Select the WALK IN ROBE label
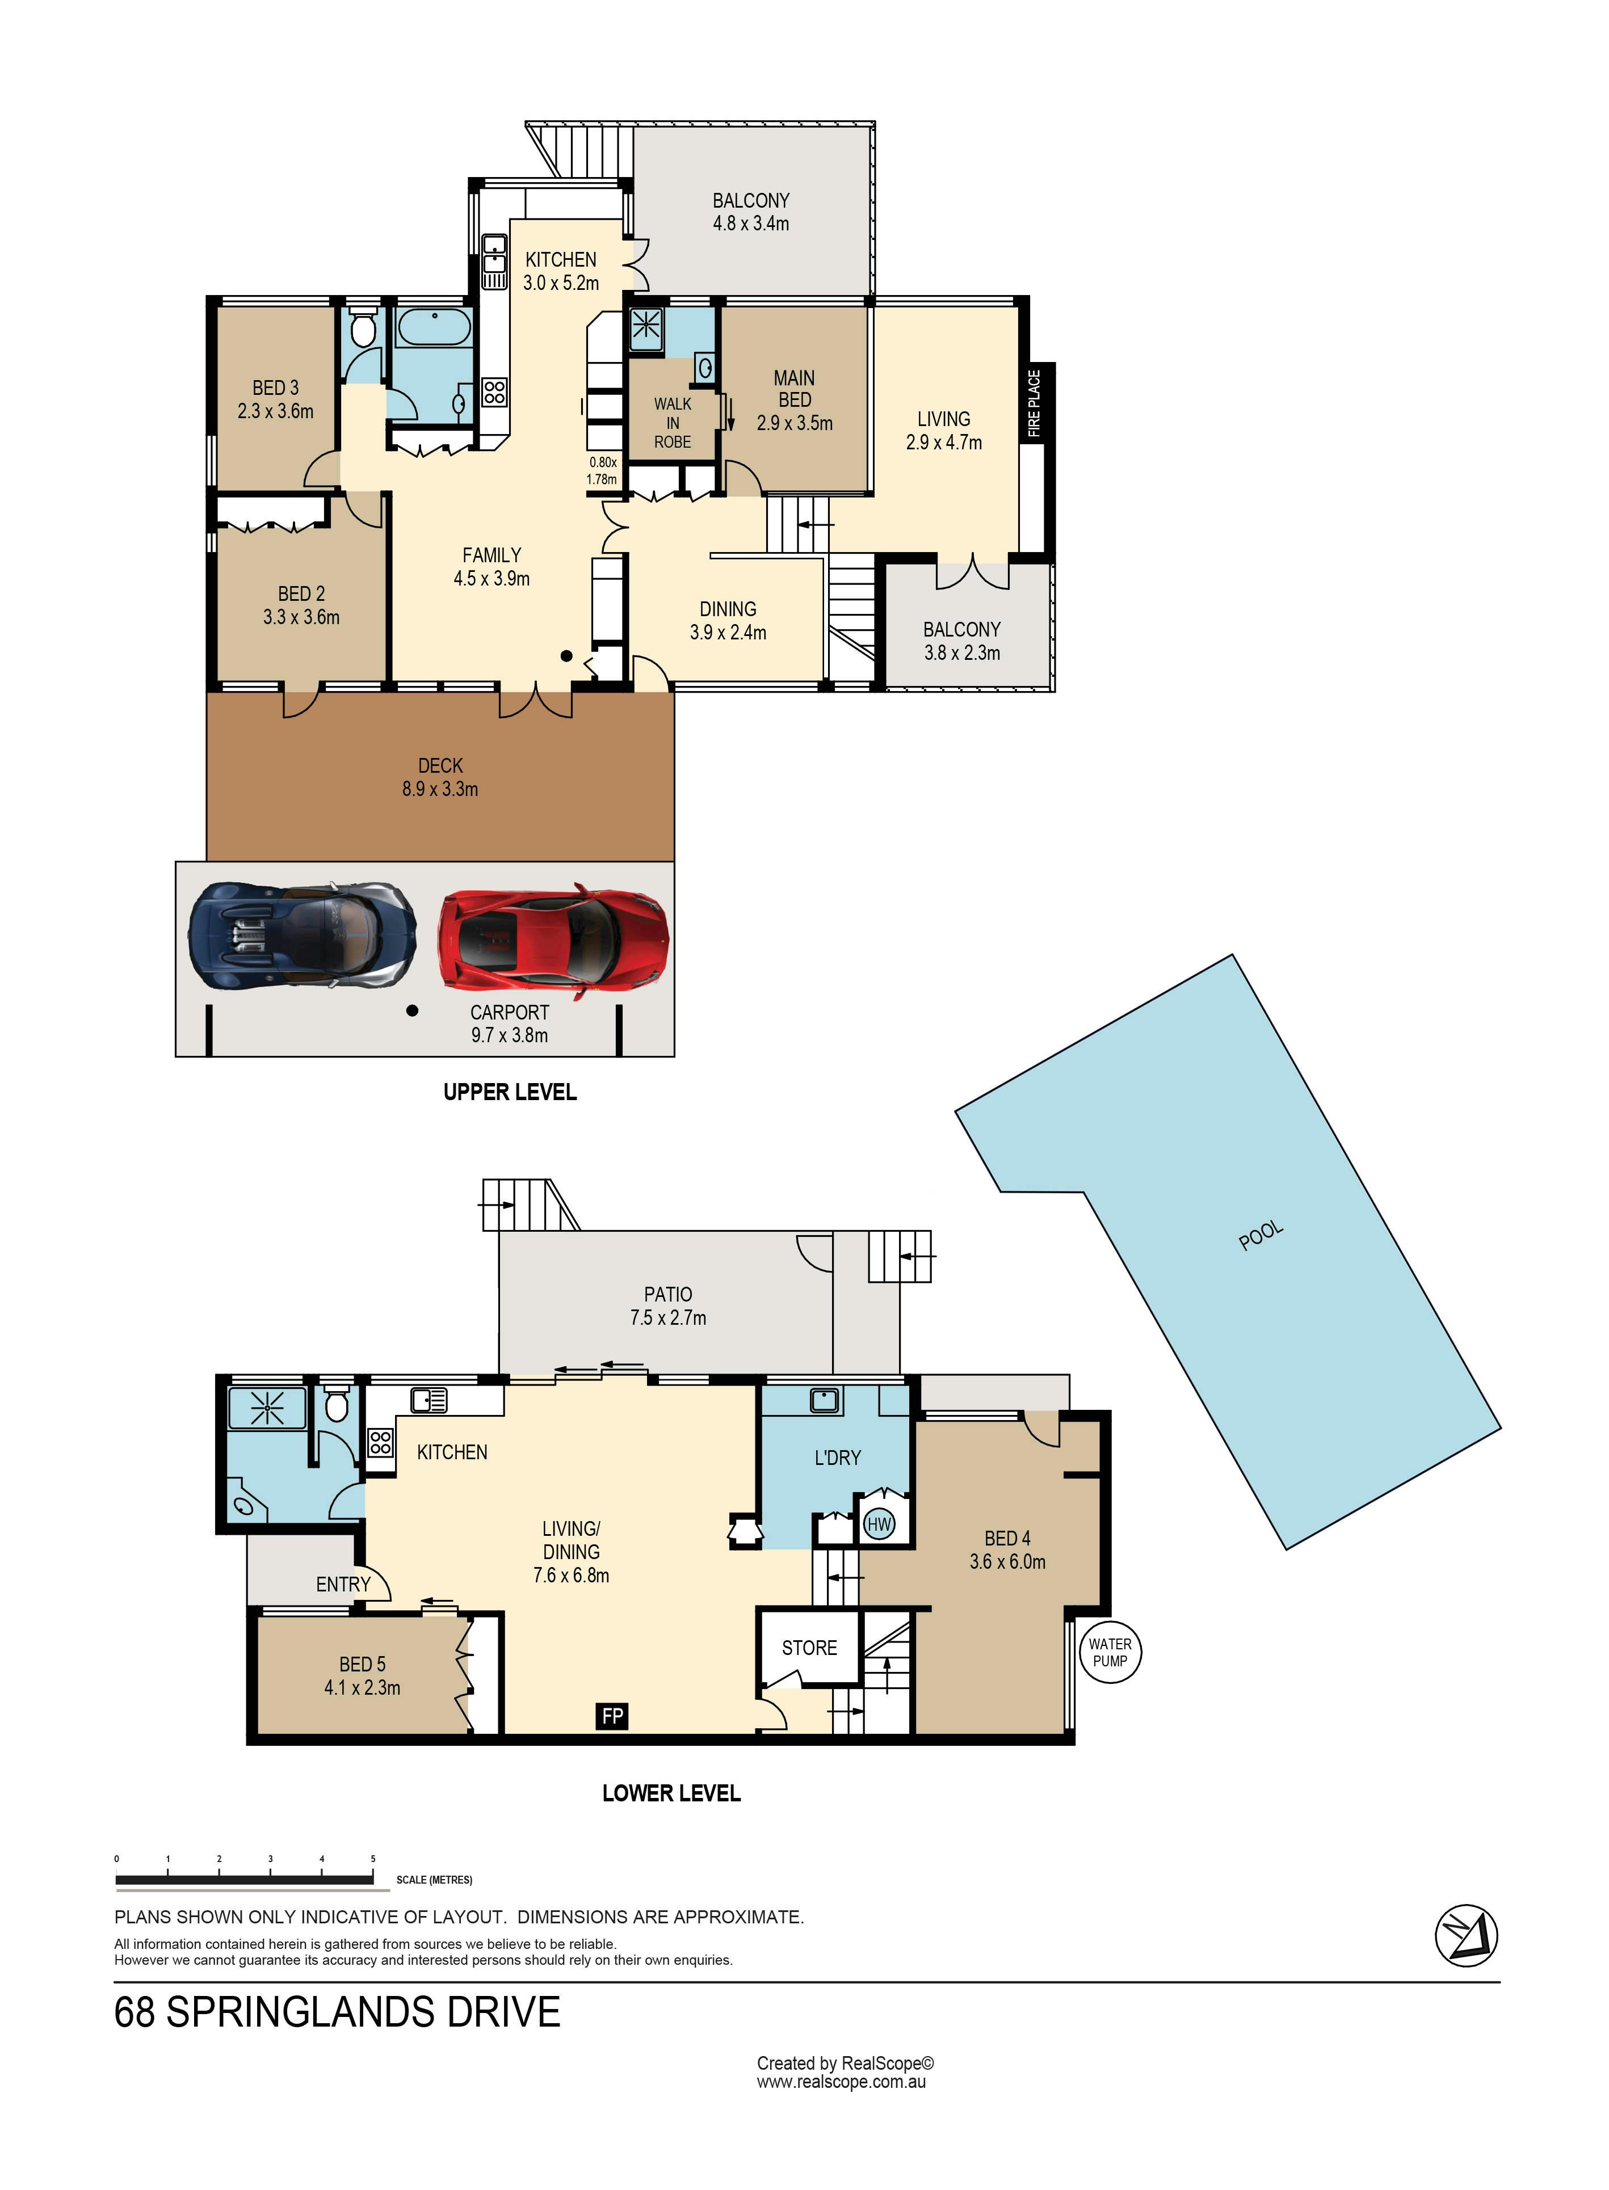click(x=673, y=423)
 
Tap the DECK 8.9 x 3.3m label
click(x=440, y=777)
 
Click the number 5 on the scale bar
click(x=373, y=1859)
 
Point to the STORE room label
click(x=809, y=1648)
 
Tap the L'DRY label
click(x=838, y=1458)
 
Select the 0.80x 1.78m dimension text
click(x=602, y=470)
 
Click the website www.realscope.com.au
click(x=842, y=2082)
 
